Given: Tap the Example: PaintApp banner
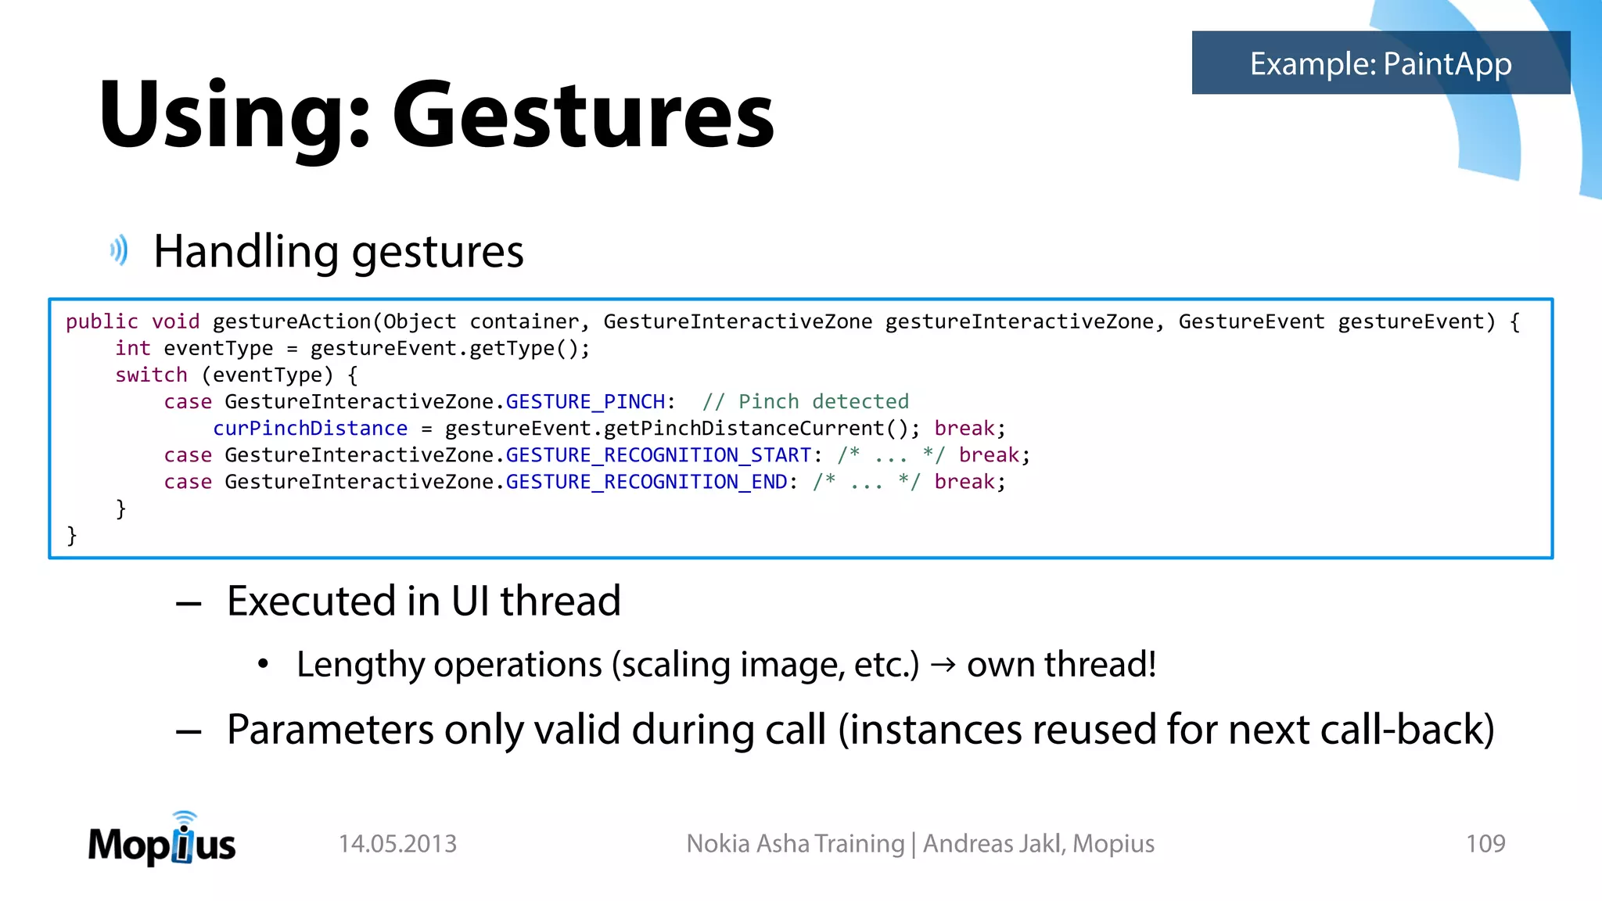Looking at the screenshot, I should pos(1380,63).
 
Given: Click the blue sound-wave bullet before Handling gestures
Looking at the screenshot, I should pos(119,251).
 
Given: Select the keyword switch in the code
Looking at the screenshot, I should pos(151,375).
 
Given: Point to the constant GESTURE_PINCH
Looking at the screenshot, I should pos(585,402).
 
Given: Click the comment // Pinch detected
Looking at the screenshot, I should pos(805,402).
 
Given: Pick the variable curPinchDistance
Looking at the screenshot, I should pos(310,429).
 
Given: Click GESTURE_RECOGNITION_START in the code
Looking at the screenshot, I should pos(659,455).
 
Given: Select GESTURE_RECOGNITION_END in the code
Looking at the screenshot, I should pos(646,482).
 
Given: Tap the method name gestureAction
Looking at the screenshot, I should pos(291,322).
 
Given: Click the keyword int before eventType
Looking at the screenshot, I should pos(132,349).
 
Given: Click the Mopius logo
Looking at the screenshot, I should pos(162,842).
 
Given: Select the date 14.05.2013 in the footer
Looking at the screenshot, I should pos(397,844).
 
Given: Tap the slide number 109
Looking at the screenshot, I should pos(1485,844).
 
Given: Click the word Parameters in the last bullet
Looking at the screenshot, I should pos(329,730).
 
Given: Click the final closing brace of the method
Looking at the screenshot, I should pos(72,536).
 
